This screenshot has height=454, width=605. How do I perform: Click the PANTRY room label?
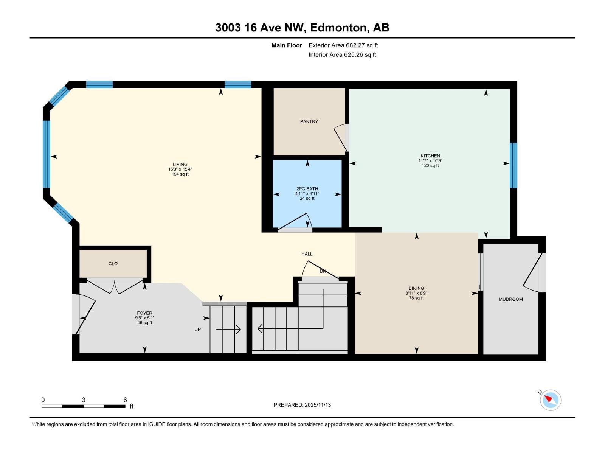309,121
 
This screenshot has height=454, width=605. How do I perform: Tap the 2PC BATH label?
307,189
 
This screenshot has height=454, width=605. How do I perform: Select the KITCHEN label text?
430,156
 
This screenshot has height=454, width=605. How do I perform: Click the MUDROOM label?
510,299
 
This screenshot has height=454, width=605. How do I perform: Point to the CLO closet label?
113,264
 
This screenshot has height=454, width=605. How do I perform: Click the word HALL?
307,254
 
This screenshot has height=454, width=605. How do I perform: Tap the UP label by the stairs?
197,330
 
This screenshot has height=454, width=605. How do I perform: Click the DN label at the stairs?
323,271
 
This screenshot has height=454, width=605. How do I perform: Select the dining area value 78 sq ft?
416,298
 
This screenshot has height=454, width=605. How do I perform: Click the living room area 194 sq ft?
180,174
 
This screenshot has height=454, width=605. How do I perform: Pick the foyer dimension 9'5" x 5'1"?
144,318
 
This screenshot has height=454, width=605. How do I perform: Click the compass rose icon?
551,400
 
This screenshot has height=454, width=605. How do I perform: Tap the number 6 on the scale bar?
125,400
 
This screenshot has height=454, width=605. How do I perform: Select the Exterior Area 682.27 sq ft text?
343,45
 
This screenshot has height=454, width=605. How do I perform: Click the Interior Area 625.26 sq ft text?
342,55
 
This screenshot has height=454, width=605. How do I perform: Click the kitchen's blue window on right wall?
513,165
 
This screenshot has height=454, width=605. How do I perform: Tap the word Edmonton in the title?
340,28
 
